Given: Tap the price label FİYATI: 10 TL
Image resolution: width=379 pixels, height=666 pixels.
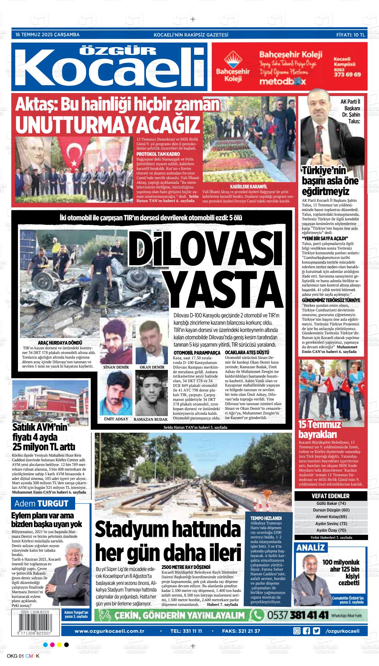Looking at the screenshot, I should (350, 35).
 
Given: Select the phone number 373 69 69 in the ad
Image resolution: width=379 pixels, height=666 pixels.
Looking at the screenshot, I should (347, 75).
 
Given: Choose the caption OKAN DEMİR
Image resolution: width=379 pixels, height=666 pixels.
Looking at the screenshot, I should (152, 367).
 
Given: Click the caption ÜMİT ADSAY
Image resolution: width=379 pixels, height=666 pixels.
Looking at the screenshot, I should (116, 419).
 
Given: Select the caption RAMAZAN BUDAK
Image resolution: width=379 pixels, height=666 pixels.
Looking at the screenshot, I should (151, 419).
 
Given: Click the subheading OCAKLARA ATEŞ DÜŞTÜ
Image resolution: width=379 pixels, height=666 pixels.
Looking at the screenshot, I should (247, 352).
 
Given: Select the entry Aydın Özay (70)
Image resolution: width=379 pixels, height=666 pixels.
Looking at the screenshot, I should (331, 530).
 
